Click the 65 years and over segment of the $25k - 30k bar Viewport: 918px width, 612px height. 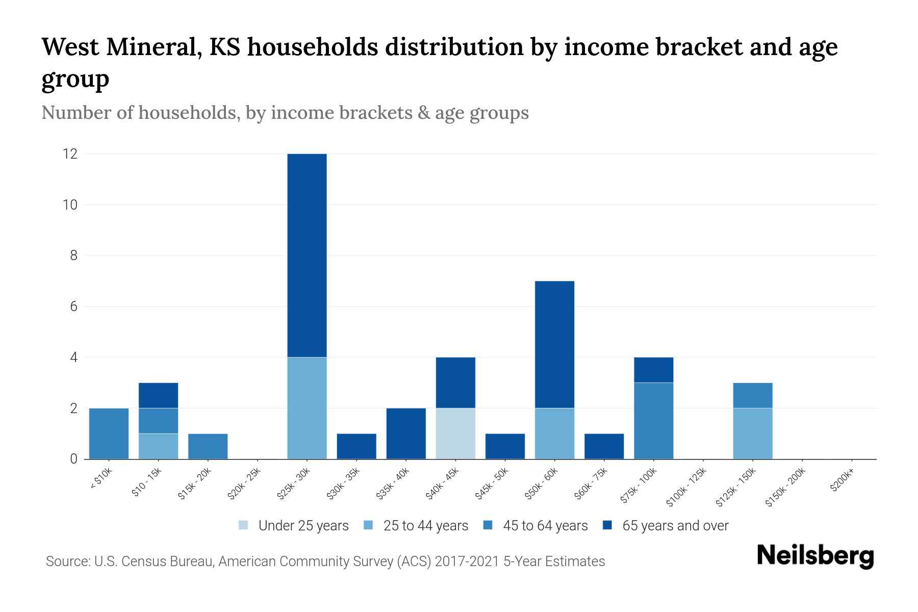point(307,255)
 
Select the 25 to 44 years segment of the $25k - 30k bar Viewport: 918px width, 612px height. point(307,408)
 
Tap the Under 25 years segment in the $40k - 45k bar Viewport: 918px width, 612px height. point(455,433)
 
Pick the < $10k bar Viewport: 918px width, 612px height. point(109,433)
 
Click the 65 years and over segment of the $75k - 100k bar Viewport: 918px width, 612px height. point(653,370)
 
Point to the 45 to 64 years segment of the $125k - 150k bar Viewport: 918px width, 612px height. point(752,395)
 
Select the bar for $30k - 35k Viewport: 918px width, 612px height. point(356,446)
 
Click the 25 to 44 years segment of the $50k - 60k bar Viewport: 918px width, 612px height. point(554,433)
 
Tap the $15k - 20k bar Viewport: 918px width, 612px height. point(208,446)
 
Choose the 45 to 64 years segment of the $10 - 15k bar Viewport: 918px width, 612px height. point(158,421)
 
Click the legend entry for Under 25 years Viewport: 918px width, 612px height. point(303,526)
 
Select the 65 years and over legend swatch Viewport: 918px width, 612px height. point(607,526)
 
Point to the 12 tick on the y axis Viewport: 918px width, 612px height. point(70,154)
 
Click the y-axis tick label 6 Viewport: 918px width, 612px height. point(73,307)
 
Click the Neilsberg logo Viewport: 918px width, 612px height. point(815,556)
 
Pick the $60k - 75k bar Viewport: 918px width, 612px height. point(604,446)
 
